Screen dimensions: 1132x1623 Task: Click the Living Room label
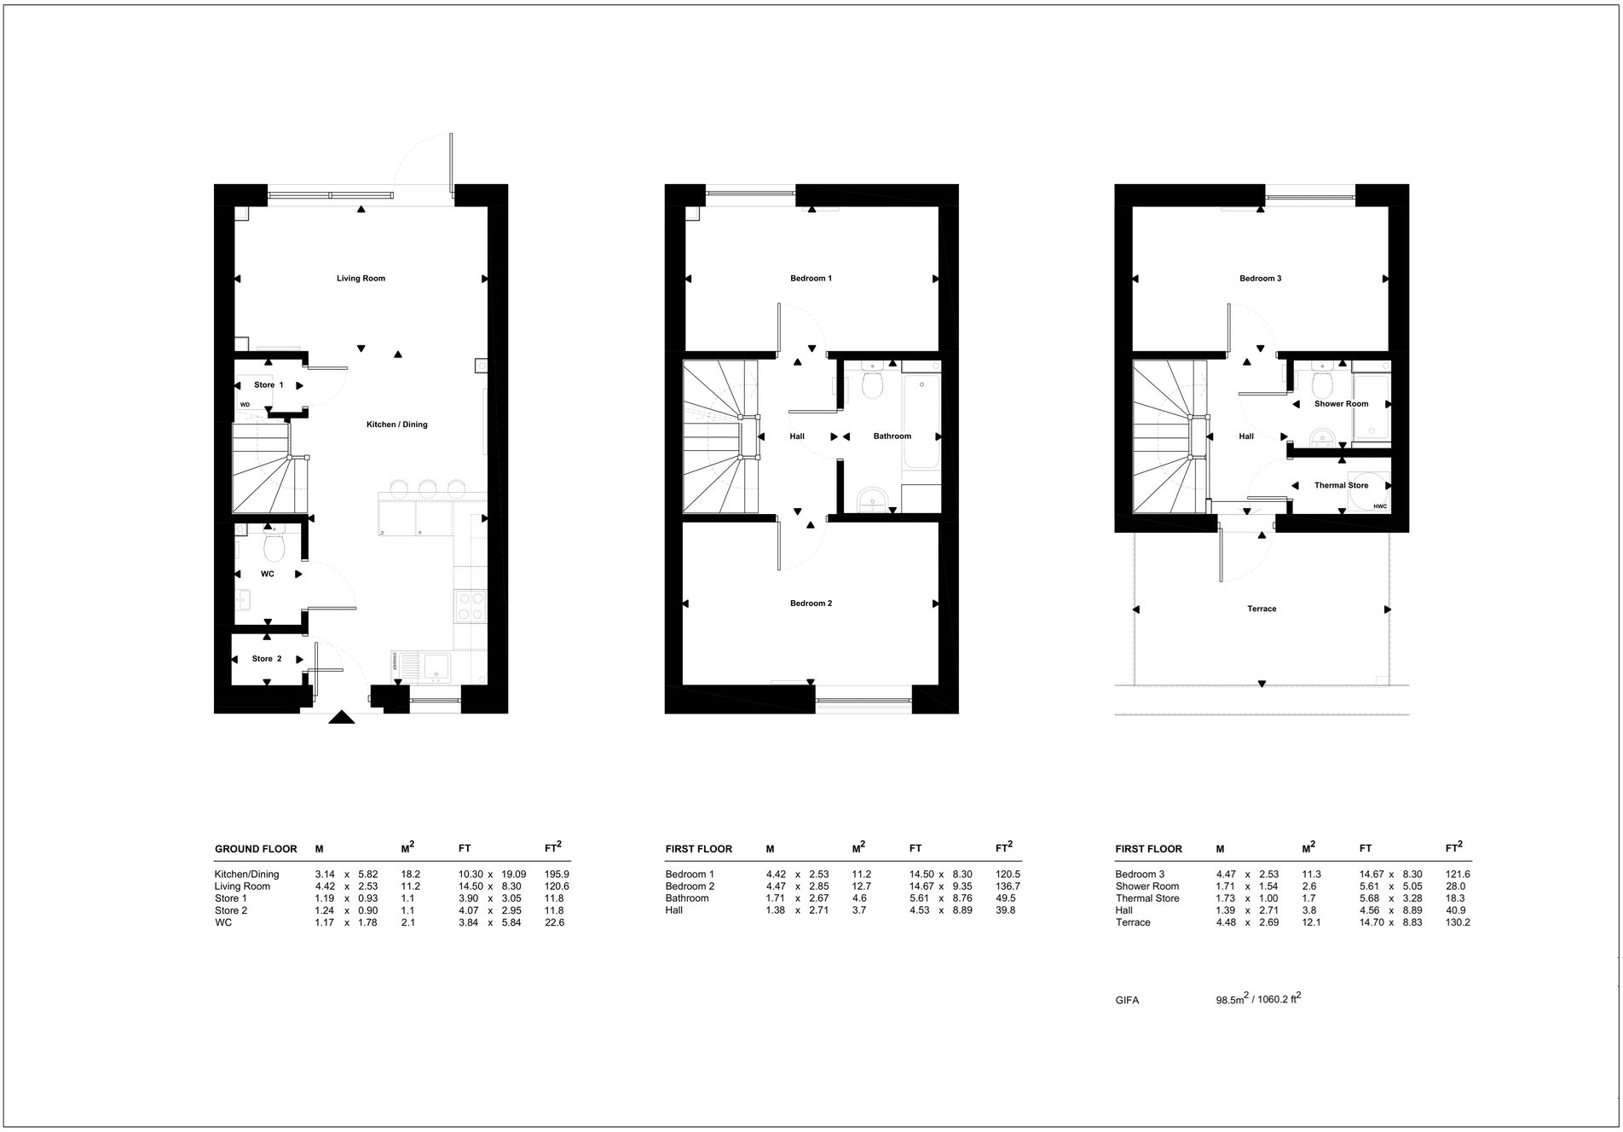click(361, 279)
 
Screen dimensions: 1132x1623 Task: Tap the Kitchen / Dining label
click(396, 424)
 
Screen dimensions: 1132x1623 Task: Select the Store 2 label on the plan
click(266, 659)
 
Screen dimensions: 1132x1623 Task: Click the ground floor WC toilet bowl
click(274, 546)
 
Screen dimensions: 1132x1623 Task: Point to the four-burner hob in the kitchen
click(471, 606)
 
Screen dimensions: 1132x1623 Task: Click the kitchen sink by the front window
click(437, 667)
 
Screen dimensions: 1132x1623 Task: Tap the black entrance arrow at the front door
click(342, 718)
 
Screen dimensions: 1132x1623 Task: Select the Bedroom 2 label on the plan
click(811, 604)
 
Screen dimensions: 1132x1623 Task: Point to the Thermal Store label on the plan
click(1341, 486)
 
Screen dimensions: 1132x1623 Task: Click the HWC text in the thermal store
click(1380, 507)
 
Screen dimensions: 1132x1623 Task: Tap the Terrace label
click(1262, 609)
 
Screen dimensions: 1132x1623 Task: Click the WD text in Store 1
click(245, 405)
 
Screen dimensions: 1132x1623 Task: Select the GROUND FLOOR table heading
click(256, 849)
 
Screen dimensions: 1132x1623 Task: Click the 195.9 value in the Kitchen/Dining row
click(557, 875)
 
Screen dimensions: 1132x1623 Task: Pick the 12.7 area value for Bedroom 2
click(861, 887)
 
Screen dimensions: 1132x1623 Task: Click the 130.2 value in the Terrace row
click(1458, 922)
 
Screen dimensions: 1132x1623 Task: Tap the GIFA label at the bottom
click(1127, 1001)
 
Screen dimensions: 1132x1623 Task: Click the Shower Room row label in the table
click(1147, 887)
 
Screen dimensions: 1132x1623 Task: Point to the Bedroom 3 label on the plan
click(1260, 279)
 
